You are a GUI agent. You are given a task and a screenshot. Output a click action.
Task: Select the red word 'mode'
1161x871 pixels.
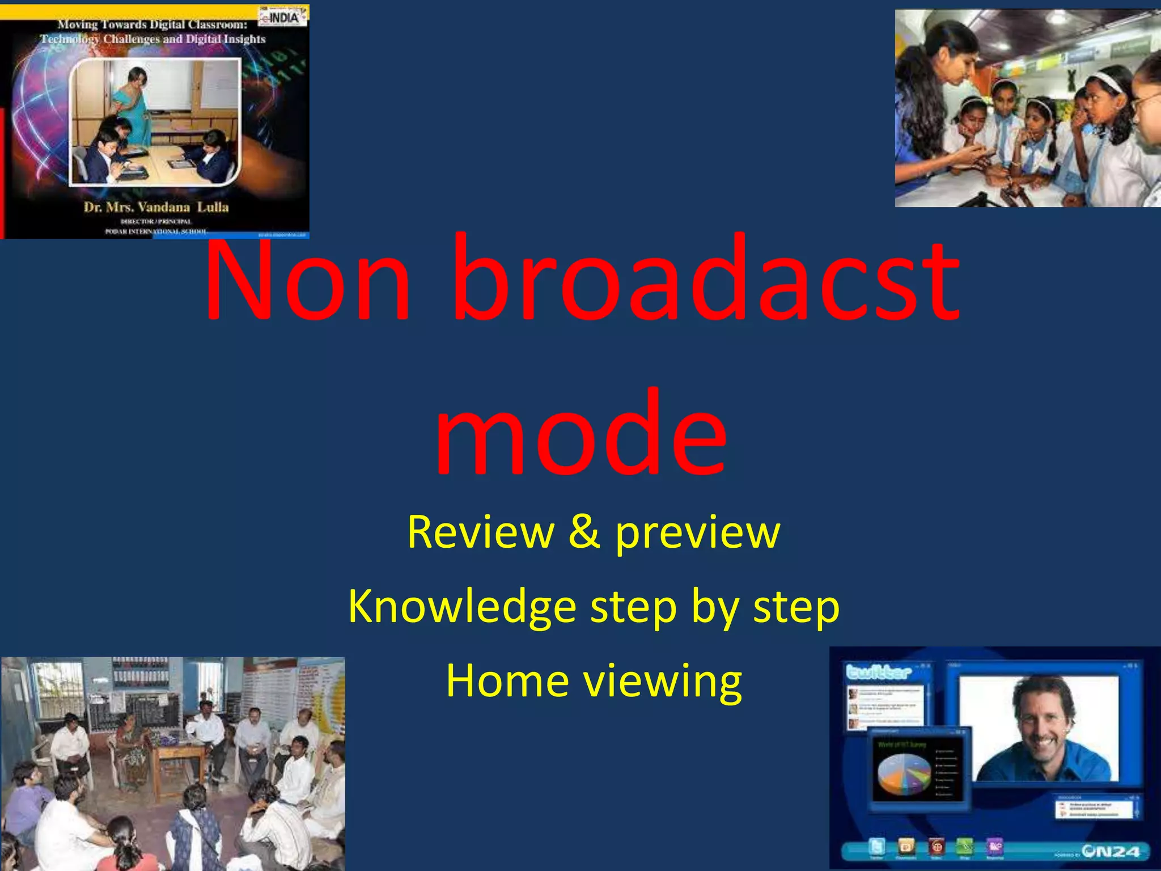pyautogui.click(x=580, y=433)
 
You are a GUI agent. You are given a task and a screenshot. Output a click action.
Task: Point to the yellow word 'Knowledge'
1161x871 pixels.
pyautogui.click(x=461, y=607)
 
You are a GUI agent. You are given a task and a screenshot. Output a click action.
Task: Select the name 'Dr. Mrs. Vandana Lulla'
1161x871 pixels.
pyautogui.click(x=156, y=207)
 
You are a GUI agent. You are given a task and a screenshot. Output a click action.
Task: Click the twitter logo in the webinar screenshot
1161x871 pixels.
pyautogui.click(x=879, y=673)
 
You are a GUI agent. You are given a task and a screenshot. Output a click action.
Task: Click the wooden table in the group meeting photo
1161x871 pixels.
pyautogui.click(x=180, y=751)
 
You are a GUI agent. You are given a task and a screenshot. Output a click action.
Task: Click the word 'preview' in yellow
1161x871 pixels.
pyautogui.click(x=698, y=533)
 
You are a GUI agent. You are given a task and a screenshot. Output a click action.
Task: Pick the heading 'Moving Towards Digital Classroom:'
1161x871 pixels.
pyautogui.click(x=152, y=24)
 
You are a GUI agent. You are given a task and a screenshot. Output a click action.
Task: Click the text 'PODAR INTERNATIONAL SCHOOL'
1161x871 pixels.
pyautogui.click(x=156, y=231)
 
